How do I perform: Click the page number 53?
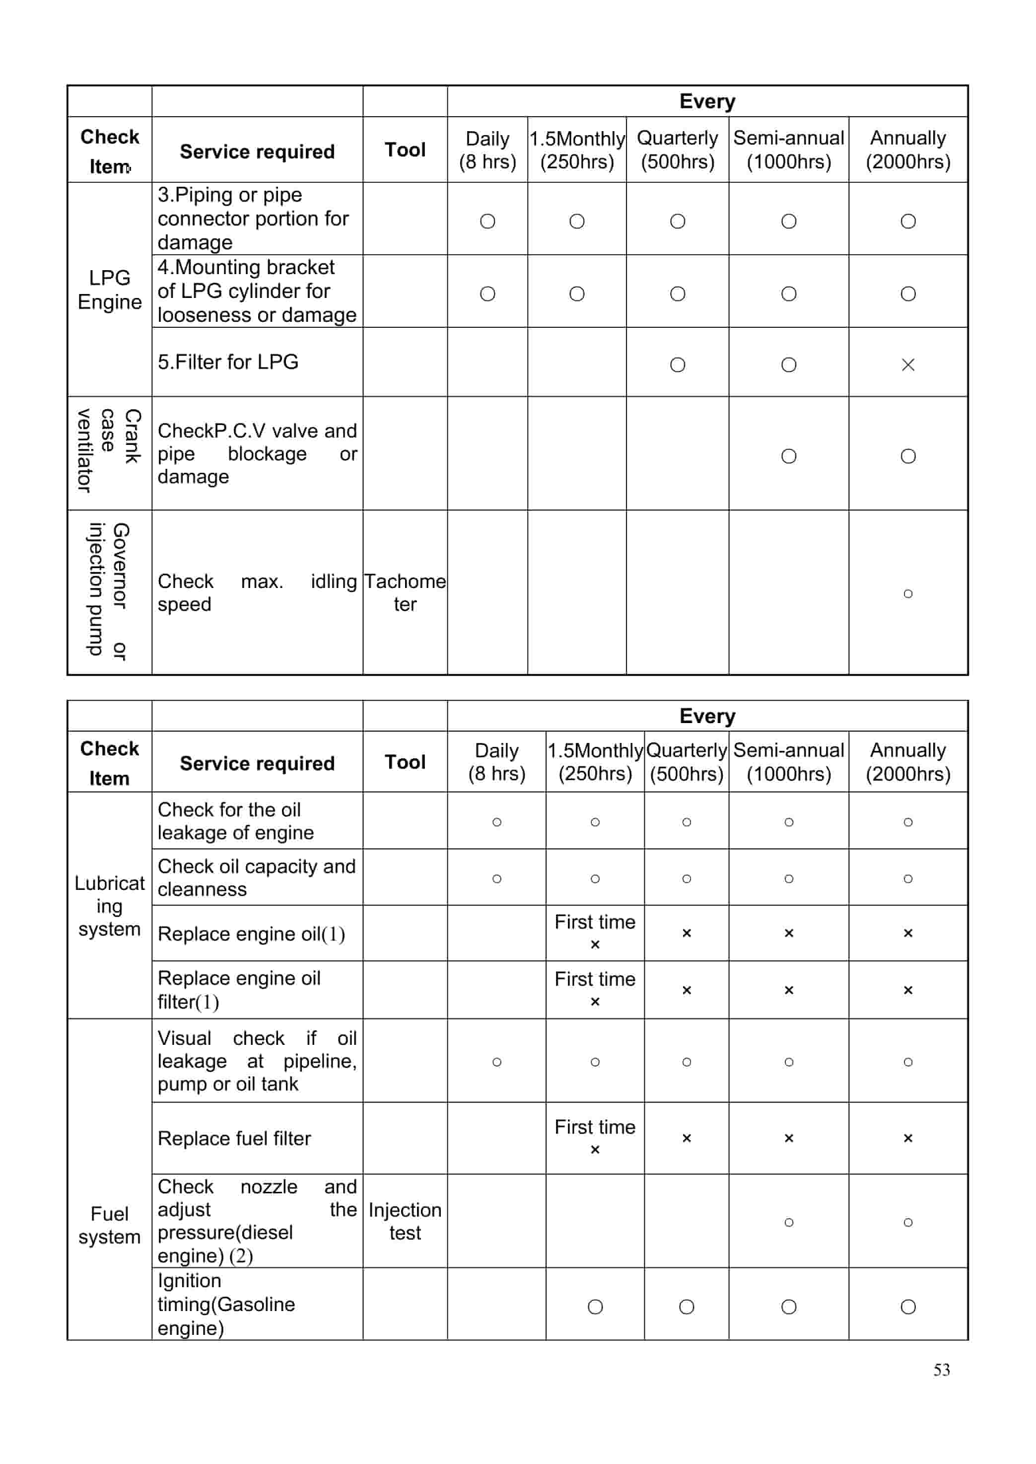(x=941, y=1370)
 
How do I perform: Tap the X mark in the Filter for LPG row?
(x=908, y=365)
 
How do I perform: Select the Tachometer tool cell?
(x=405, y=592)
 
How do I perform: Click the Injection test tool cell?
(x=405, y=1221)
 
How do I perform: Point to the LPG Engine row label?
(x=110, y=290)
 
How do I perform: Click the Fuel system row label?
(x=110, y=1225)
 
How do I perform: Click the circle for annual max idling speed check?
(x=908, y=593)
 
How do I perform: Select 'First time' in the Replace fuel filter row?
(x=595, y=1127)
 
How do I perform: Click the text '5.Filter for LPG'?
(x=228, y=362)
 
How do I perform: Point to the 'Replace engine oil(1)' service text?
(x=251, y=934)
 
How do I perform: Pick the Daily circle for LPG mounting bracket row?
(x=487, y=293)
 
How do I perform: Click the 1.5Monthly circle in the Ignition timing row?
(x=595, y=1307)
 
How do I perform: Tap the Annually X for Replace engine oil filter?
(x=908, y=990)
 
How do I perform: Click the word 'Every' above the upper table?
(x=707, y=101)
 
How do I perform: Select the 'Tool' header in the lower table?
(x=405, y=761)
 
